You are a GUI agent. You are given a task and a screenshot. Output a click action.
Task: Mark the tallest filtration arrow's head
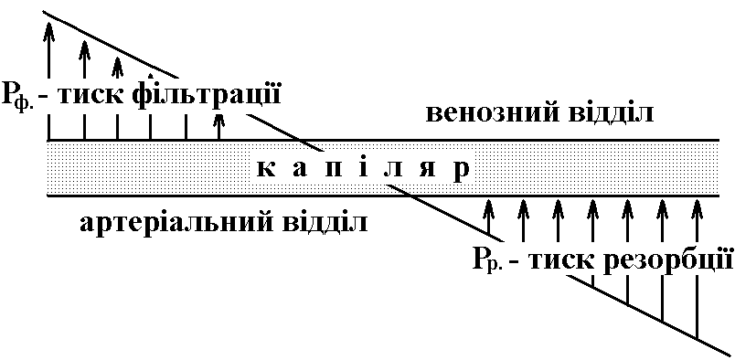[x=48, y=28]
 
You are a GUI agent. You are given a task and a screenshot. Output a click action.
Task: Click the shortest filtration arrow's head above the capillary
[x=218, y=119]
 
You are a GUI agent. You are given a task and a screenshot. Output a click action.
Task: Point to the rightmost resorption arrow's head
[x=697, y=206]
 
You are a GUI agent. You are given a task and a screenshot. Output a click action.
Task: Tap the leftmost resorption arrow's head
[x=489, y=206]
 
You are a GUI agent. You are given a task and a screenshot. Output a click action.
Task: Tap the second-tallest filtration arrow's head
[x=84, y=48]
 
